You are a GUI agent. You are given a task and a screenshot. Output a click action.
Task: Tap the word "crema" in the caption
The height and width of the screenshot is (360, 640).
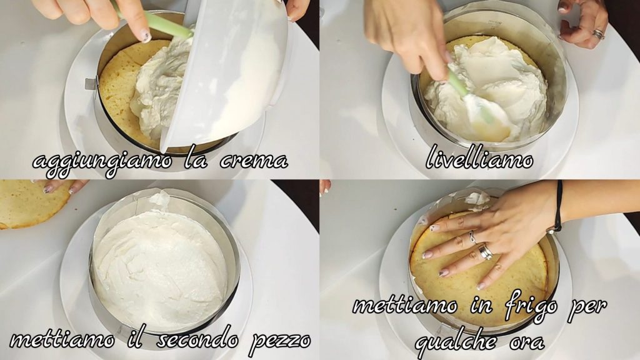pyautogui.click(x=254, y=161)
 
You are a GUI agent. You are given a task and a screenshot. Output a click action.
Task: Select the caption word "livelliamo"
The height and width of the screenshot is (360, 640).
pyautogui.click(x=479, y=160)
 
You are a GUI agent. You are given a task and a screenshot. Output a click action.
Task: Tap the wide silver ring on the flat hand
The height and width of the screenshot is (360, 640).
pyautogui.click(x=485, y=251)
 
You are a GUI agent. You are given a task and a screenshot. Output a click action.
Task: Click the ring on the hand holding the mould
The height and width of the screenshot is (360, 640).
pyautogui.click(x=598, y=34)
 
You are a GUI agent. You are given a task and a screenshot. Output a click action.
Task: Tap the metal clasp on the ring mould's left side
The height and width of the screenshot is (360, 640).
pyautogui.click(x=91, y=84)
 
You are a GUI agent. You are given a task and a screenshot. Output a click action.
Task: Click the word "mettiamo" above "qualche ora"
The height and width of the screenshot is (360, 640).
pyautogui.click(x=404, y=306)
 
